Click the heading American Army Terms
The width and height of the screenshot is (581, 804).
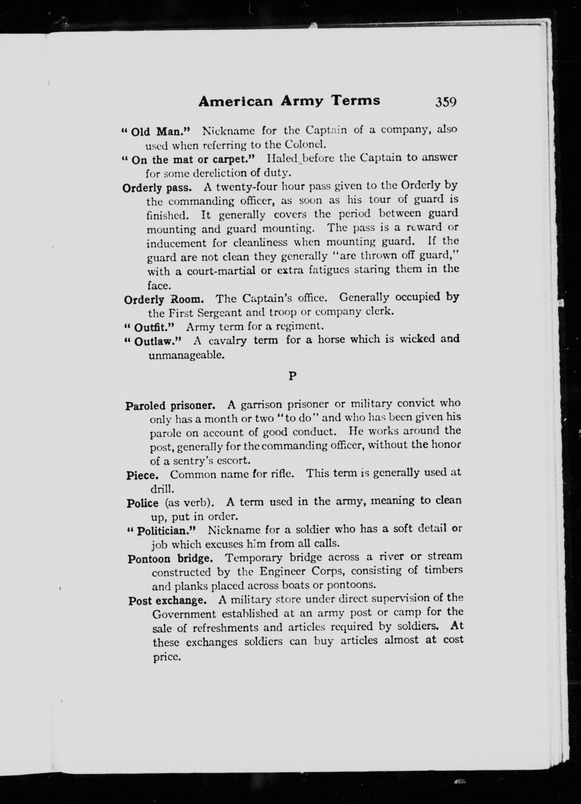click(x=289, y=101)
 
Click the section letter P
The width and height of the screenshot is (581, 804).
click(x=292, y=376)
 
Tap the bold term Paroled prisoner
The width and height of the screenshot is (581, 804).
click(x=174, y=405)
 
